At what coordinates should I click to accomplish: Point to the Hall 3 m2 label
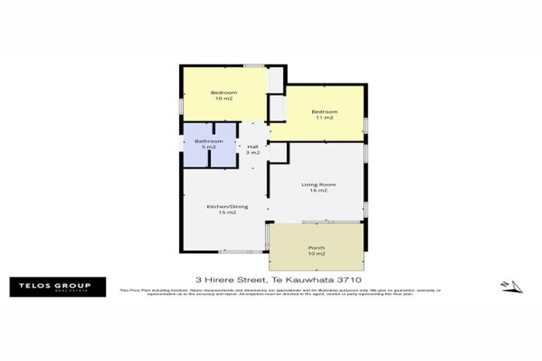pos(253,149)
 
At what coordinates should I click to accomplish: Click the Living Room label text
pos(318,185)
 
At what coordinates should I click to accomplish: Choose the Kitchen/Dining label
pos(221,206)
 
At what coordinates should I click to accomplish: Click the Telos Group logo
pos(57,287)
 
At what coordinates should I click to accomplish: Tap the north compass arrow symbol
pos(513,286)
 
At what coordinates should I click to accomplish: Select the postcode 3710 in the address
pos(349,279)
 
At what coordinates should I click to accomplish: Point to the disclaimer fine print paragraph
pos(280,292)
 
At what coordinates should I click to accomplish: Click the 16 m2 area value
pos(318,191)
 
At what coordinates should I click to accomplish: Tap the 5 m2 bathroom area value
pos(209,147)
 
